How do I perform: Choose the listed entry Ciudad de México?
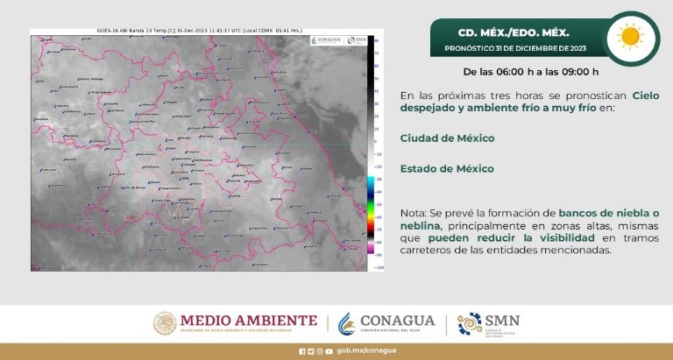coord(447,138)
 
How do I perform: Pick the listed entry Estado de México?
coord(447,168)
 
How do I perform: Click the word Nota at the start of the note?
coord(412,214)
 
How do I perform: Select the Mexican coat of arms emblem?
coord(166,323)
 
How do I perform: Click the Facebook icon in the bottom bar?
coord(302,351)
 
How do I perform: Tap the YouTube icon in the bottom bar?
coord(329,351)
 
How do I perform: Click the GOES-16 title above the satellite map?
coord(202,32)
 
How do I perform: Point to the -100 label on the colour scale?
coord(378,267)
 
